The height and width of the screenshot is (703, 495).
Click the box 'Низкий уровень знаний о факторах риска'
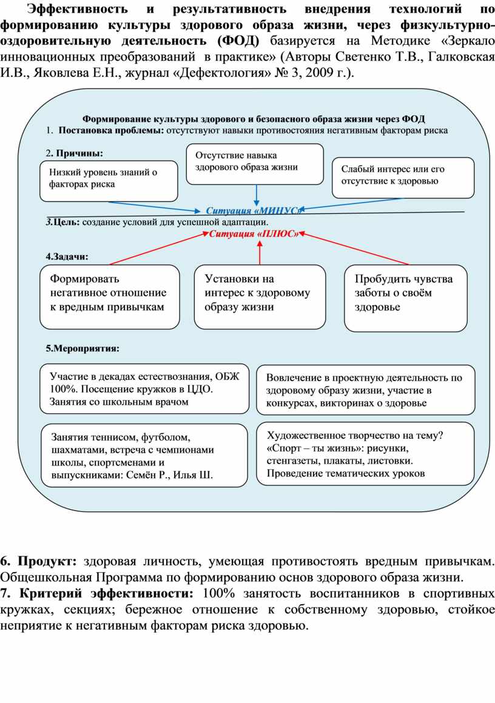[109, 180]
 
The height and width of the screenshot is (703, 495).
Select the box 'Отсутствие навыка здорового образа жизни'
[255, 164]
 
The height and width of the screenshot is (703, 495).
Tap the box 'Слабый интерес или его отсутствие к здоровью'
[403, 177]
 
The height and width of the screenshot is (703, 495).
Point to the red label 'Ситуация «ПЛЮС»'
[254, 234]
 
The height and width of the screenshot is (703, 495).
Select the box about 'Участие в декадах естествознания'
[144, 388]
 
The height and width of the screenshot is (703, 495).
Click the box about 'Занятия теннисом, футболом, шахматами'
[144, 455]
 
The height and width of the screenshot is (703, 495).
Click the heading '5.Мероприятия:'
[82, 348]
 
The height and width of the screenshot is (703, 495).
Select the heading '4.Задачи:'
[67, 256]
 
